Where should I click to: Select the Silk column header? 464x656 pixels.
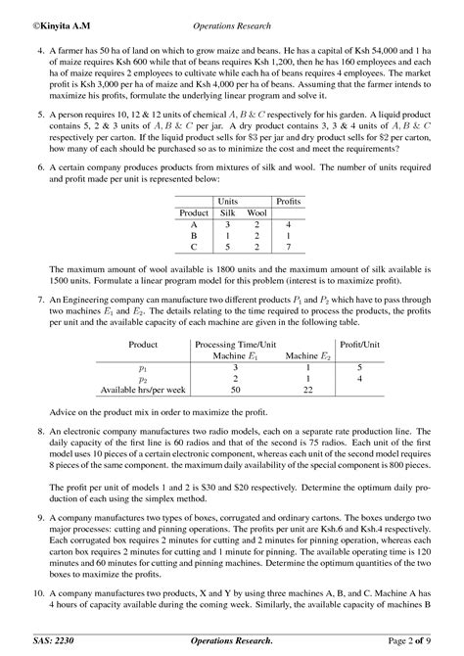pyautogui.click(x=227, y=212)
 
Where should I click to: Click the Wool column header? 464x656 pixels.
pyautogui.click(x=257, y=212)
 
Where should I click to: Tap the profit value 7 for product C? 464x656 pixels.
pyautogui.click(x=288, y=249)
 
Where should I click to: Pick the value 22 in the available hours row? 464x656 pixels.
pyautogui.click(x=308, y=391)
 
